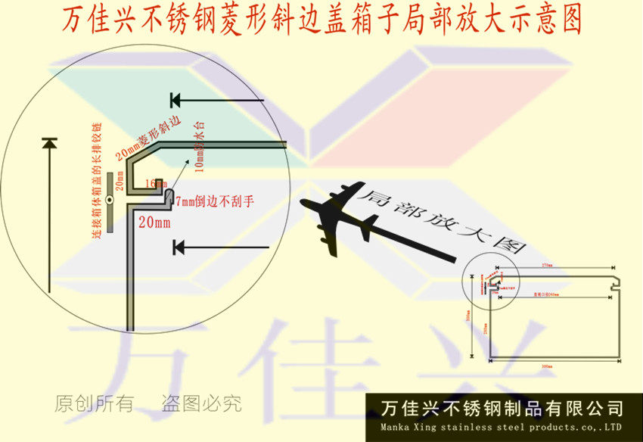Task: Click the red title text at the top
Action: coord(321,20)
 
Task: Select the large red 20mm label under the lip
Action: coord(154,223)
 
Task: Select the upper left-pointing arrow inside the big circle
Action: coord(216,100)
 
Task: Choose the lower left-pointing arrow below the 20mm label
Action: coord(219,247)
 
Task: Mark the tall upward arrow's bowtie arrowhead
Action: coord(49,143)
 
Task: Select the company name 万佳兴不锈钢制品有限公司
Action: coord(503,409)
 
